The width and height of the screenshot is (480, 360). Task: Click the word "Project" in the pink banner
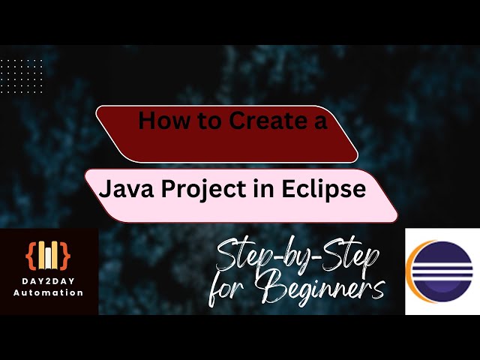[x=196, y=190]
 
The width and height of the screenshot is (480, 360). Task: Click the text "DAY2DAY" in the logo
[x=49, y=281]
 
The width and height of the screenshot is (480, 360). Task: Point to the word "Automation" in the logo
[x=49, y=292]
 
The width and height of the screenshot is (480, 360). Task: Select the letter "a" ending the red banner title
[x=320, y=121]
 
